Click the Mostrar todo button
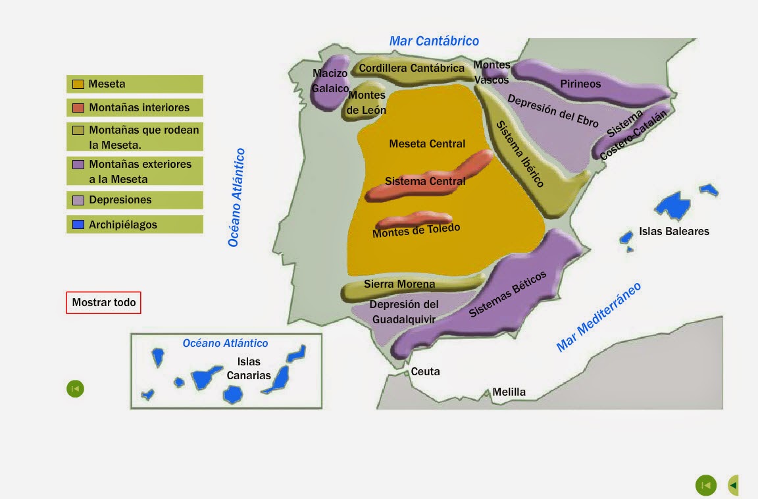(x=103, y=303)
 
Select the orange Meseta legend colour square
(x=78, y=84)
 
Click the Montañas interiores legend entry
(x=134, y=107)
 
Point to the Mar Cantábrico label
(x=434, y=41)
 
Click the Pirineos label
(x=580, y=84)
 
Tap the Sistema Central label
(x=425, y=181)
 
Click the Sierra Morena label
(x=399, y=284)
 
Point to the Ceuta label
(x=425, y=372)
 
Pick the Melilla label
(x=509, y=392)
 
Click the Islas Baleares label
(x=674, y=231)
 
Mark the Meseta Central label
(x=427, y=144)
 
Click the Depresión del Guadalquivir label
(x=404, y=312)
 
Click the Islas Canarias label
(x=249, y=369)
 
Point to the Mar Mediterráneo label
(x=598, y=317)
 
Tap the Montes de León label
(x=366, y=103)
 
